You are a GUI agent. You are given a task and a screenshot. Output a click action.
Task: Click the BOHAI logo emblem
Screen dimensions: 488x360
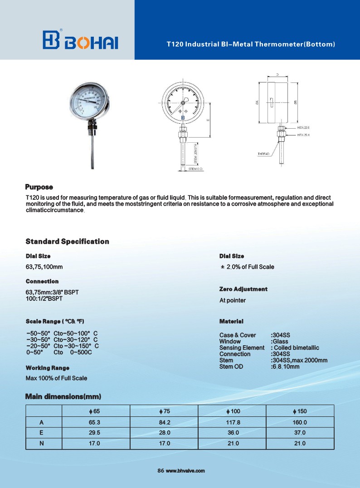51,40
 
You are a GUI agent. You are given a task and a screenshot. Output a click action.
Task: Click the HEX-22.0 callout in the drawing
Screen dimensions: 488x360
303,128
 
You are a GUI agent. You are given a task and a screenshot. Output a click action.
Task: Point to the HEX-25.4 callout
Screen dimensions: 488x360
303,135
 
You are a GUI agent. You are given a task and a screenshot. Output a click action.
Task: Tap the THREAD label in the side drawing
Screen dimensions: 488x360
263,154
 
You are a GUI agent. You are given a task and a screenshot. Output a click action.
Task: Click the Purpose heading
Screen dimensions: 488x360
39,187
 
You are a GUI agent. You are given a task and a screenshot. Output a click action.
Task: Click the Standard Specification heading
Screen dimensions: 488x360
67,241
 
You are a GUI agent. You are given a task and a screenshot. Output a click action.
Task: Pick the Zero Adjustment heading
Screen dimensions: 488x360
243,289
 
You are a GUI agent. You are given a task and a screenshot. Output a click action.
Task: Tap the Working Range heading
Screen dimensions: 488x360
48,367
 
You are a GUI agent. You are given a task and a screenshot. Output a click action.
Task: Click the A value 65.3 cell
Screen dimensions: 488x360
94,423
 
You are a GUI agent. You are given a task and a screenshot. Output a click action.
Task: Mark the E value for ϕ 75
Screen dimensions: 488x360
163,433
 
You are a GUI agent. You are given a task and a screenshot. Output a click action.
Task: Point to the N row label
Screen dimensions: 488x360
42,443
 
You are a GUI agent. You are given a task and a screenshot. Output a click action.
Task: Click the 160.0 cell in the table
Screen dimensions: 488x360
300,423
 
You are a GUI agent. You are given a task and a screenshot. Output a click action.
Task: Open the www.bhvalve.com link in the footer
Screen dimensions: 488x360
185,471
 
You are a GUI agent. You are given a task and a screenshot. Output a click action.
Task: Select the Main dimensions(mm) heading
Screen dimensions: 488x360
63,397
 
